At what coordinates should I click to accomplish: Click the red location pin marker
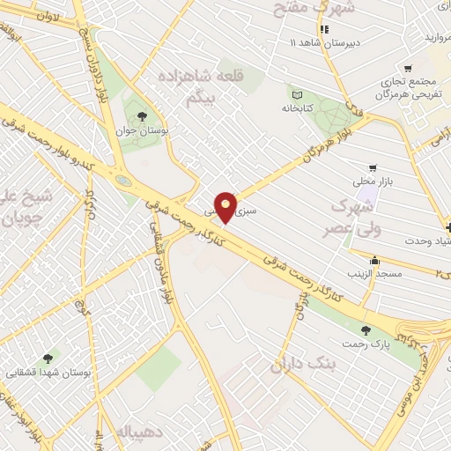click(x=226, y=205)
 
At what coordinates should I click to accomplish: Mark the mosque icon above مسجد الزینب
click(x=376, y=260)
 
